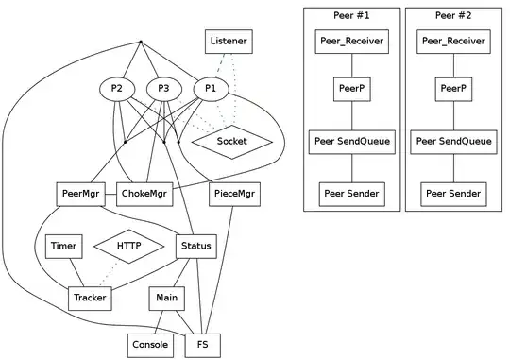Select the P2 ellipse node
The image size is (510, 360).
[x=116, y=89]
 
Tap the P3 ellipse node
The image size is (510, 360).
[x=163, y=89]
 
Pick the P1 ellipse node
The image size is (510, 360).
[x=211, y=89]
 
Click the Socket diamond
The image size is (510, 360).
[x=231, y=142]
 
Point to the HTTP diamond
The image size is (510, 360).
[x=128, y=247]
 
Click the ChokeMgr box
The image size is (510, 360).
[x=145, y=195]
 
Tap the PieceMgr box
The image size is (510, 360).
[x=233, y=195]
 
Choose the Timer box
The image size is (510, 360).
[x=64, y=247]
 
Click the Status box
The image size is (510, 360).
[x=196, y=247]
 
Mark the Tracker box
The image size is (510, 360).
[x=91, y=299]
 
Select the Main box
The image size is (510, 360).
[x=169, y=299]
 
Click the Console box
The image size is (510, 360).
[x=150, y=346]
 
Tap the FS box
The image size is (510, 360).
[x=202, y=346]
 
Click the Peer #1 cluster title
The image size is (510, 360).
[x=351, y=15]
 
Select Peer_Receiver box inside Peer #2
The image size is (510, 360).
[x=453, y=41]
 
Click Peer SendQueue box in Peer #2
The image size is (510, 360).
[x=453, y=142]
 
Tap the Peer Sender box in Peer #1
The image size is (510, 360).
[x=351, y=194]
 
